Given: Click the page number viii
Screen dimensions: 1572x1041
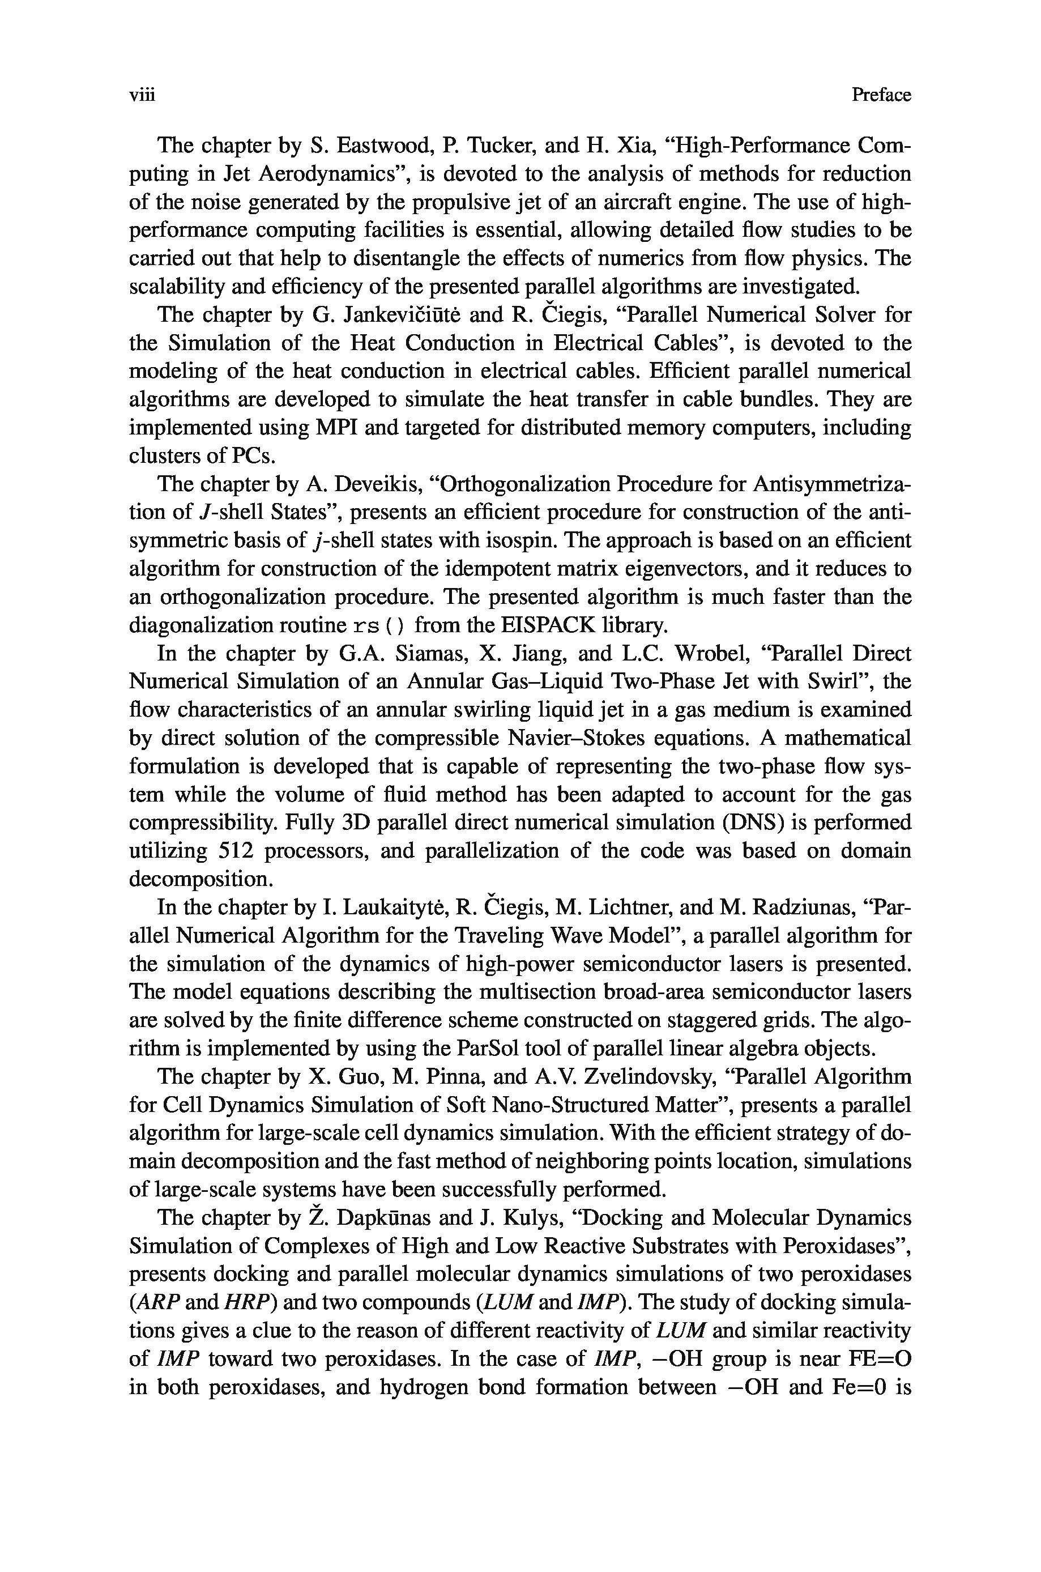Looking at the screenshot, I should pyautogui.click(x=142, y=96).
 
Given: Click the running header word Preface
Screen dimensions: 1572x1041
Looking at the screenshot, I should pyautogui.click(x=881, y=96).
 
